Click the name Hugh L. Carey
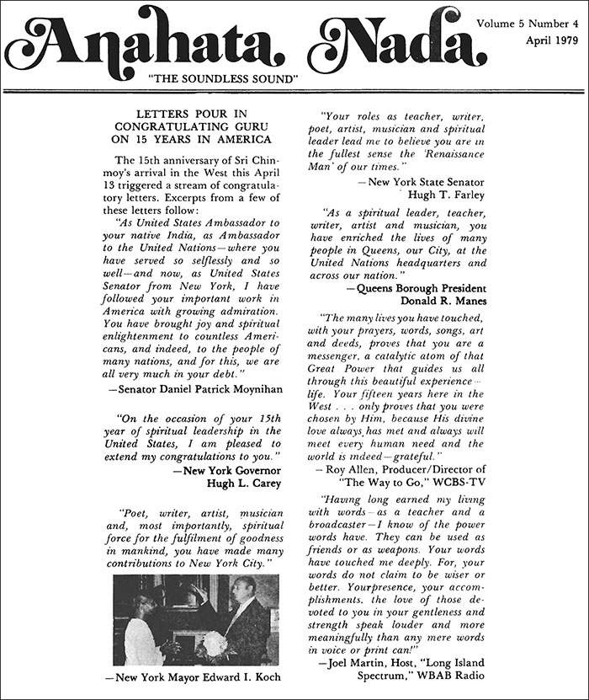(x=243, y=484)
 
